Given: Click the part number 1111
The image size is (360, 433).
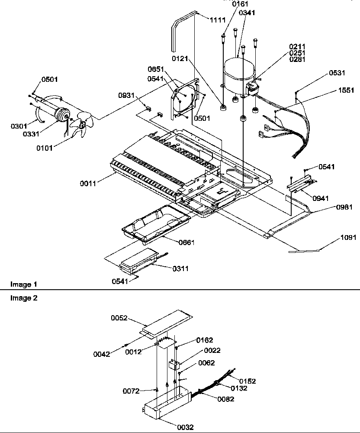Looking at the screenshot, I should (x=218, y=20).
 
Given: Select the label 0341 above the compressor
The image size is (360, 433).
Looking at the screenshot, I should (x=247, y=13).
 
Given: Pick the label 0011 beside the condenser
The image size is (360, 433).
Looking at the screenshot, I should (x=88, y=184).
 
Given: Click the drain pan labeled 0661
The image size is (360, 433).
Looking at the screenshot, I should (x=156, y=223).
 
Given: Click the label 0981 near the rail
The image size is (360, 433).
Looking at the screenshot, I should (x=344, y=207).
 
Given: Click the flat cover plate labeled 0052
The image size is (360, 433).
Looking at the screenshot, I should (x=167, y=321).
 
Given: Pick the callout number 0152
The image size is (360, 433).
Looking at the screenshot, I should (x=247, y=381).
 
